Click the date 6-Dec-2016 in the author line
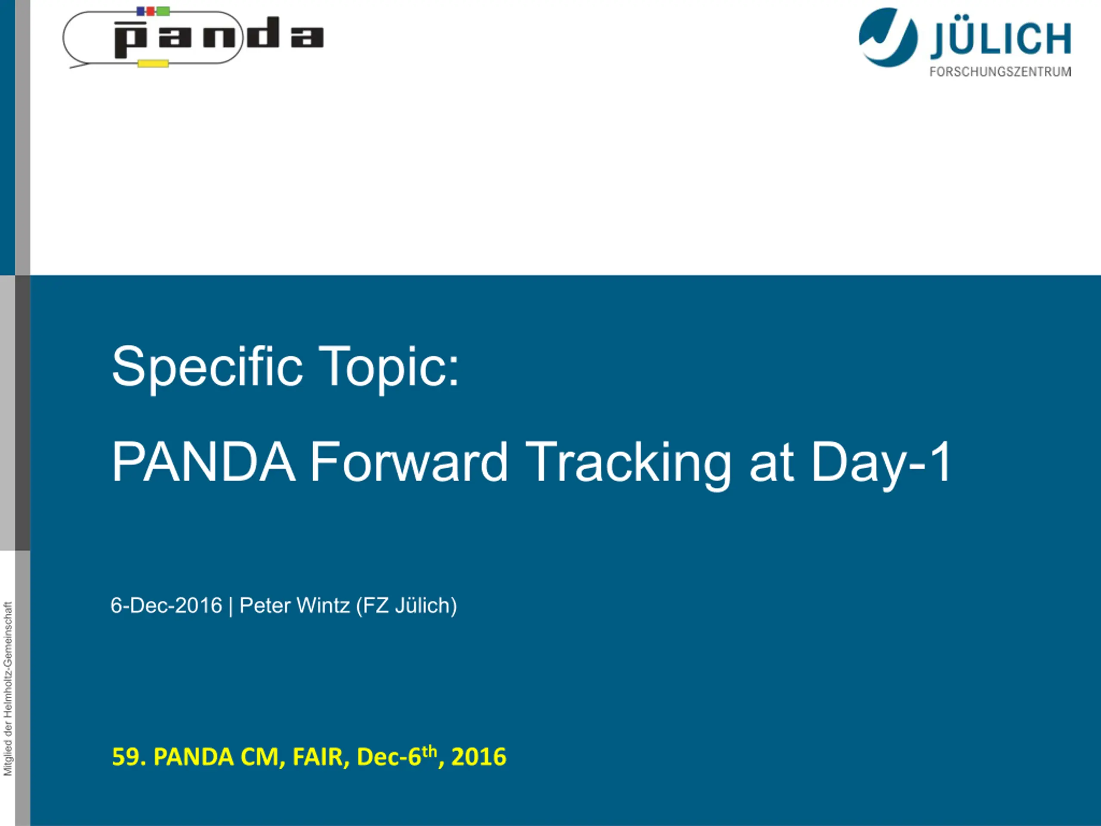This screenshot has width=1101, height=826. click(x=166, y=605)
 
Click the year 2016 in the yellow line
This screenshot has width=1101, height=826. click(x=479, y=757)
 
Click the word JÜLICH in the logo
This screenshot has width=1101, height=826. click(x=1000, y=39)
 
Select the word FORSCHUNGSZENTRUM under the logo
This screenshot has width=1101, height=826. click(x=1000, y=72)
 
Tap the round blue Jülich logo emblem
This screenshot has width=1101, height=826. click(x=888, y=37)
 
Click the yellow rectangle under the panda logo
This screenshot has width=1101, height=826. click(x=153, y=63)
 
